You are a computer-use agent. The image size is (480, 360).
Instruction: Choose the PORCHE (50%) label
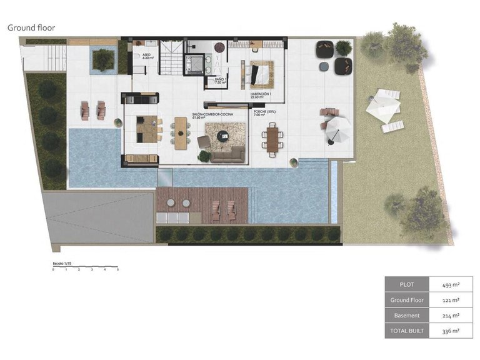coord(264,114)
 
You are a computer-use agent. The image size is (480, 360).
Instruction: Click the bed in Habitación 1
coord(260,75)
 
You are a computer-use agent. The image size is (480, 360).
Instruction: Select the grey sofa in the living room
coord(227,153)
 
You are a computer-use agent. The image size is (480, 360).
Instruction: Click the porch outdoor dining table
coord(272,137)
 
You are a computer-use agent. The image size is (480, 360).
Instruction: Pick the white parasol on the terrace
coord(338,129)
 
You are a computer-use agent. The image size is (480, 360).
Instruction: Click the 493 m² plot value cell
coord(451,284)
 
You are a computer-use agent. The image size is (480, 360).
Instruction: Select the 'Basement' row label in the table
coord(407,316)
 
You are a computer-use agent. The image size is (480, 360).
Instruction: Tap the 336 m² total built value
coord(451,331)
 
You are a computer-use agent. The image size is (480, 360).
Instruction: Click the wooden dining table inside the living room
coord(181,132)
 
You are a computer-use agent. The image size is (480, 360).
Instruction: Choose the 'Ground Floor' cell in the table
coord(407,300)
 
